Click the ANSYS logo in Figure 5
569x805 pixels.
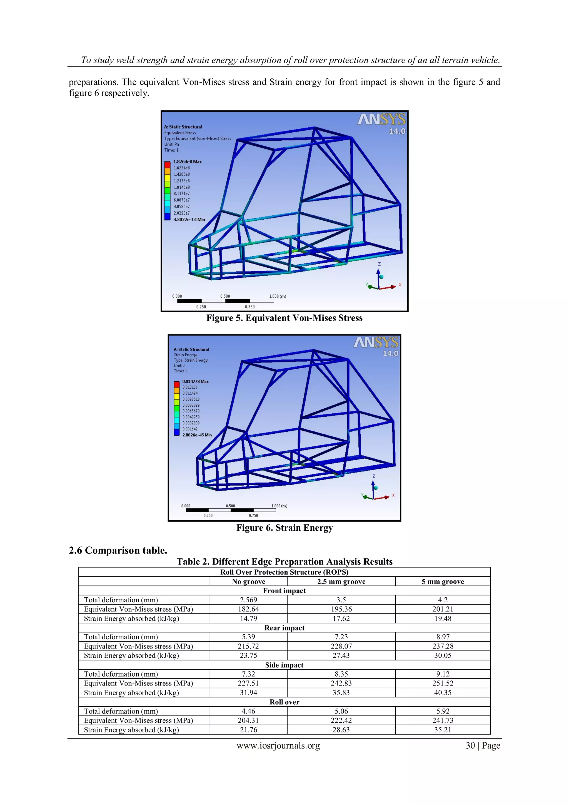point(381,120)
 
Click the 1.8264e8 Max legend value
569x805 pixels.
point(188,162)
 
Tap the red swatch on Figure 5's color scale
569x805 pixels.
point(168,165)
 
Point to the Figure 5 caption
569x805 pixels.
point(284,318)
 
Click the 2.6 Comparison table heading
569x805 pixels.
point(118,550)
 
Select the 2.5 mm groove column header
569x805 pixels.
point(341,582)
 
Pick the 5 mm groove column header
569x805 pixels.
point(443,582)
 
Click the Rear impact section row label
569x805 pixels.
point(284,628)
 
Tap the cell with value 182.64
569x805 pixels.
point(248,609)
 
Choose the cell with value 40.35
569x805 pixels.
point(443,693)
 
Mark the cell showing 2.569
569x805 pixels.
point(248,600)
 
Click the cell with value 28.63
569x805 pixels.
point(341,730)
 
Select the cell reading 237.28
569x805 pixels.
point(443,646)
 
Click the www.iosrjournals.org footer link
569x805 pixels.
point(278,746)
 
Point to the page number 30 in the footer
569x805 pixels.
point(470,746)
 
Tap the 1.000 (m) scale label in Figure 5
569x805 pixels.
point(278,296)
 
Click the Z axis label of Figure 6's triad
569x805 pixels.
point(374,476)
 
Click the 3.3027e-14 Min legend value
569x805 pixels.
point(189,220)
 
